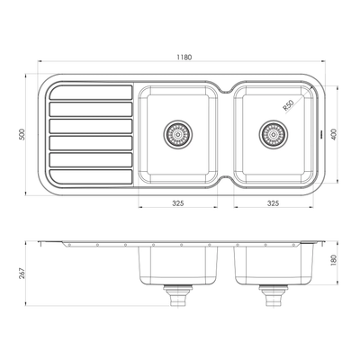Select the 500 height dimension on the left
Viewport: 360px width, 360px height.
[x=21, y=136]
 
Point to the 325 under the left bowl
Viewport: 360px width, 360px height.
[x=177, y=203]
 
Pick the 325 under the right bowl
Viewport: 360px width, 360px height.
[x=273, y=203]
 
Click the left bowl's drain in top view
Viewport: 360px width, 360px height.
[x=177, y=134]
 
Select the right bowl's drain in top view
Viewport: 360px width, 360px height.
[x=273, y=134]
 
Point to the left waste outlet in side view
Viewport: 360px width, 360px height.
[x=177, y=292]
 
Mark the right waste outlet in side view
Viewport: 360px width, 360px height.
[x=273, y=292]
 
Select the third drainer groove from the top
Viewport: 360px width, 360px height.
[x=89, y=126]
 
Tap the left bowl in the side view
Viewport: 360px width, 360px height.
[x=177, y=265]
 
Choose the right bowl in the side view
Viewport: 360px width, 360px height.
[x=273, y=265]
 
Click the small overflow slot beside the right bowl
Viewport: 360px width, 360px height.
[x=319, y=134]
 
